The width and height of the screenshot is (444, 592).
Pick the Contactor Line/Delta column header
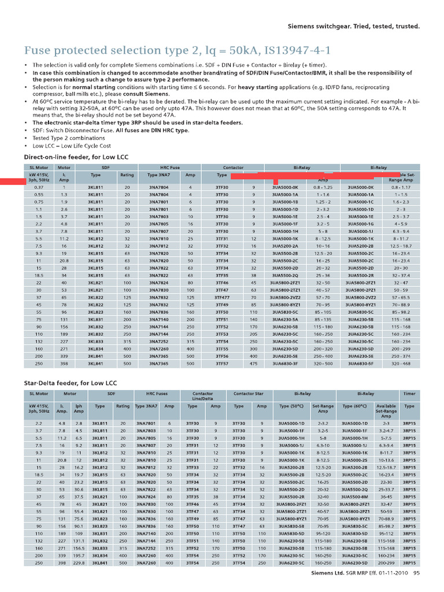pos(202,396)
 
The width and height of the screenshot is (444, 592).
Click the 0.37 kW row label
pos(39,188)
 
